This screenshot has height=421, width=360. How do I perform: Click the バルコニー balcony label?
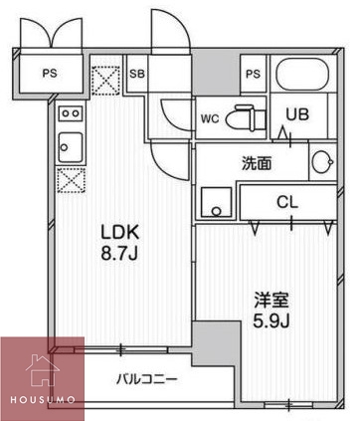tap(146, 379)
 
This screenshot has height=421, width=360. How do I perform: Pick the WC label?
tap(210, 116)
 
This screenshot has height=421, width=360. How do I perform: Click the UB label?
tap(298, 115)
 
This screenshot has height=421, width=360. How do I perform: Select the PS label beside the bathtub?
tap(253, 74)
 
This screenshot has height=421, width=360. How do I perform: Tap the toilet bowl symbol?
tap(241, 116)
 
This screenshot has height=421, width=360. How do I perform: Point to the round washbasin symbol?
tap(320, 162)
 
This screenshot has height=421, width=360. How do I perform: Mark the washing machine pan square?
tap(214, 200)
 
